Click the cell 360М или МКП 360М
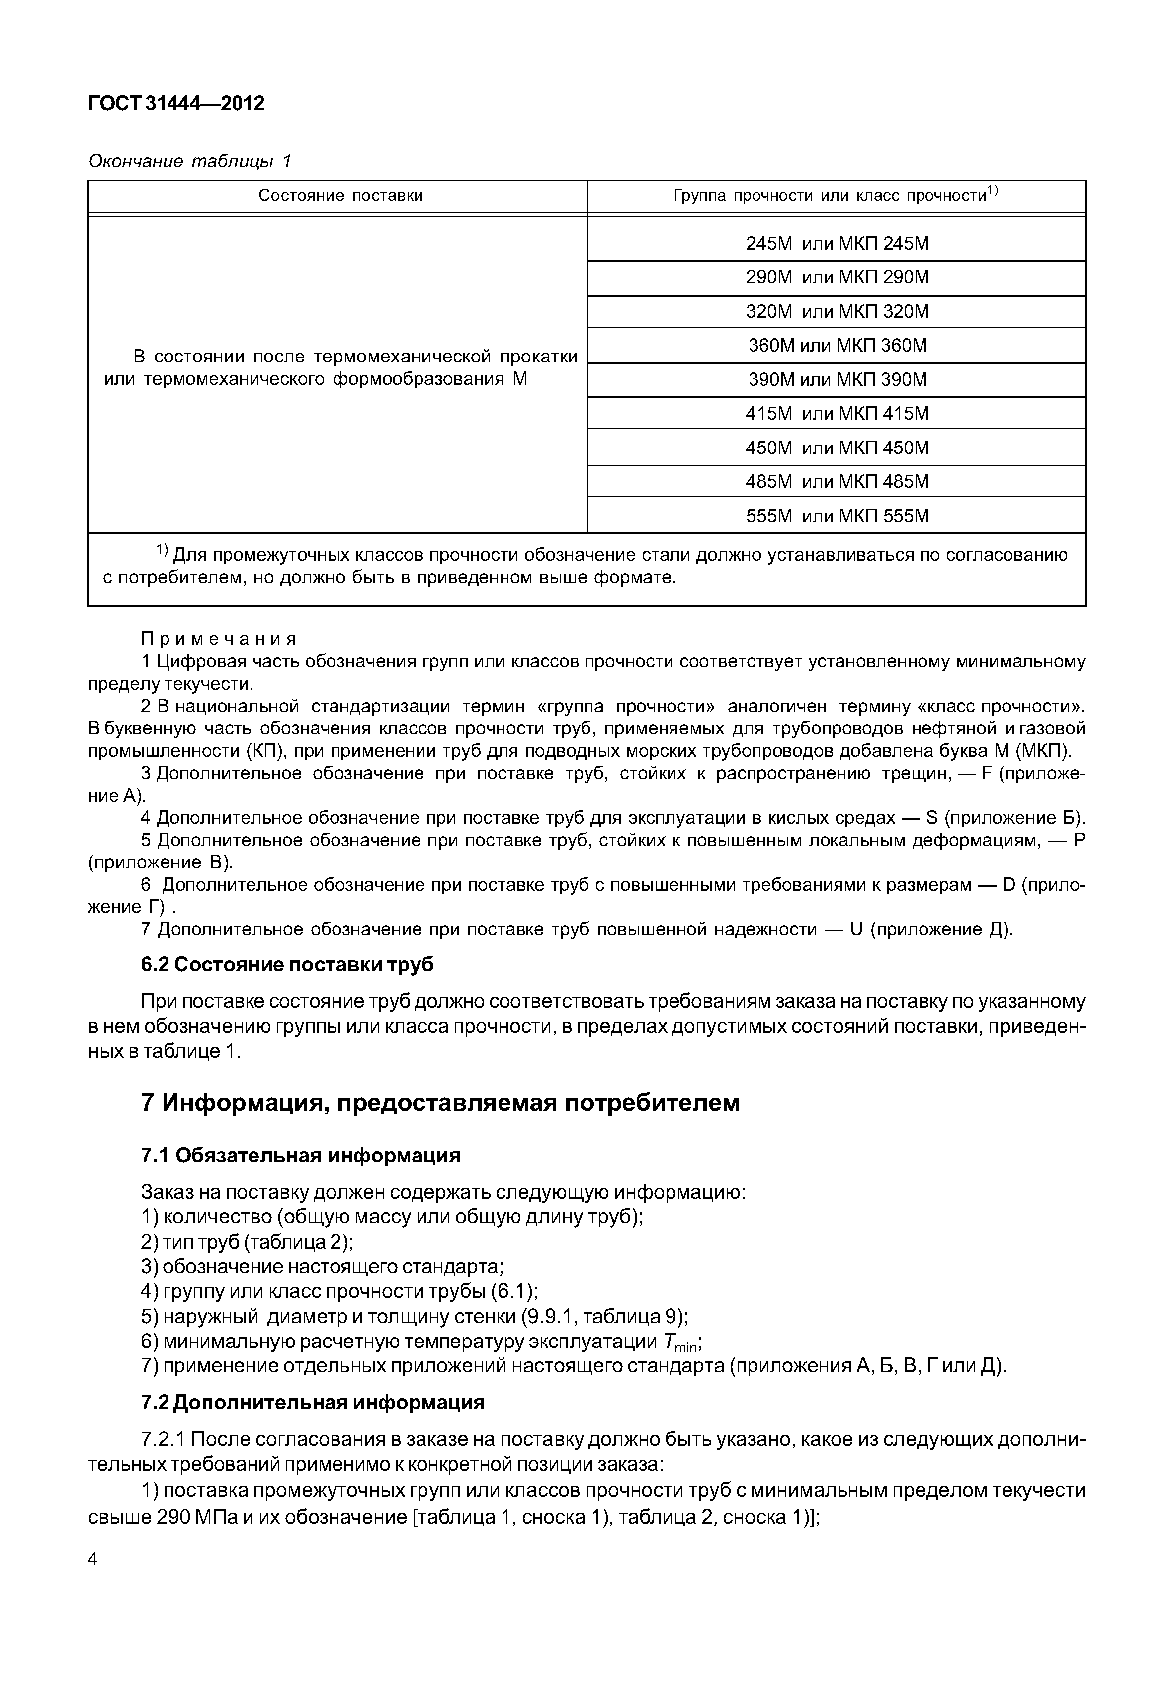coord(837,345)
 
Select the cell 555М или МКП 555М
coord(837,516)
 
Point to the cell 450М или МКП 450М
coord(837,448)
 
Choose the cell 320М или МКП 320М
coord(837,311)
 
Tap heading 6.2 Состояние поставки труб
coord(287,965)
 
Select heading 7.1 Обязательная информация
coord(300,1156)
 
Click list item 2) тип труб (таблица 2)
coord(247,1242)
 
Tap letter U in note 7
coord(855,929)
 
